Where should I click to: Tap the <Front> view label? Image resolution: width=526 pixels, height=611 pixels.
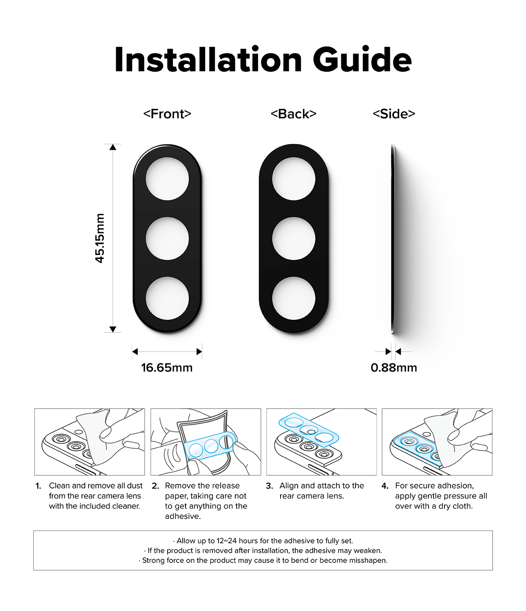(167, 114)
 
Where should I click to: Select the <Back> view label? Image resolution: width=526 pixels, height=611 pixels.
(294, 114)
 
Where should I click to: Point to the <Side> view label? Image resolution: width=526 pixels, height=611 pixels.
(394, 114)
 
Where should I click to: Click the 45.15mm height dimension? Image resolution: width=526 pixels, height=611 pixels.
(100, 238)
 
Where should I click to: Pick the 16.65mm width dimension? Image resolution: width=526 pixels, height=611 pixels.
(167, 367)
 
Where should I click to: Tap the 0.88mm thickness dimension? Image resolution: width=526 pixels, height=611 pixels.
(394, 367)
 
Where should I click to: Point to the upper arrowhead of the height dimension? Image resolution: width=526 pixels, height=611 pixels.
(113, 147)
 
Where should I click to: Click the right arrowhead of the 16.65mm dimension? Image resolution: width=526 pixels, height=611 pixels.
(199, 352)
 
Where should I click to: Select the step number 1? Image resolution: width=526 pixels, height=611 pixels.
(38, 486)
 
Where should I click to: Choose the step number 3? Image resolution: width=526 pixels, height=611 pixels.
(269, 486)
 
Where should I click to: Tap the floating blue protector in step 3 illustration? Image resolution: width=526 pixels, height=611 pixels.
(309, 430)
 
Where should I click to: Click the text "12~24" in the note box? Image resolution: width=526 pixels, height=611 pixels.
(227, 541)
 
